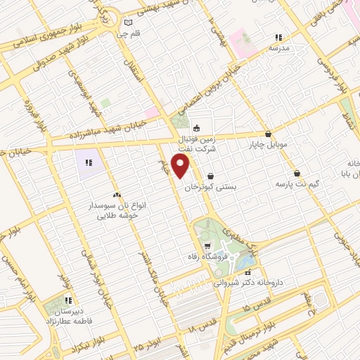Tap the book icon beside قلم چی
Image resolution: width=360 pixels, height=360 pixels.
click(128, 22)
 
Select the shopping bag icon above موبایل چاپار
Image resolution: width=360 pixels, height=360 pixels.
click(269, 134)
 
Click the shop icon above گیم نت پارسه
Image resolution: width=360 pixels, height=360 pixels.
click(297, 173)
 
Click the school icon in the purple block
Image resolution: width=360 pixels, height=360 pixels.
click(88, 163)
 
